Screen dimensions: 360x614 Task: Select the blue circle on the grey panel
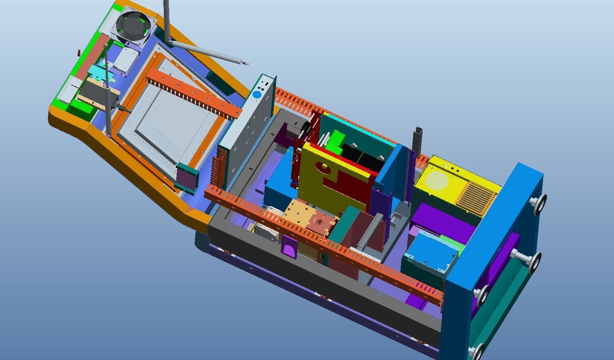pyautogui.click(x=257, y=95)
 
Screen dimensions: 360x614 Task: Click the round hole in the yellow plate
pyautogui.click(x=324, y=168)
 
